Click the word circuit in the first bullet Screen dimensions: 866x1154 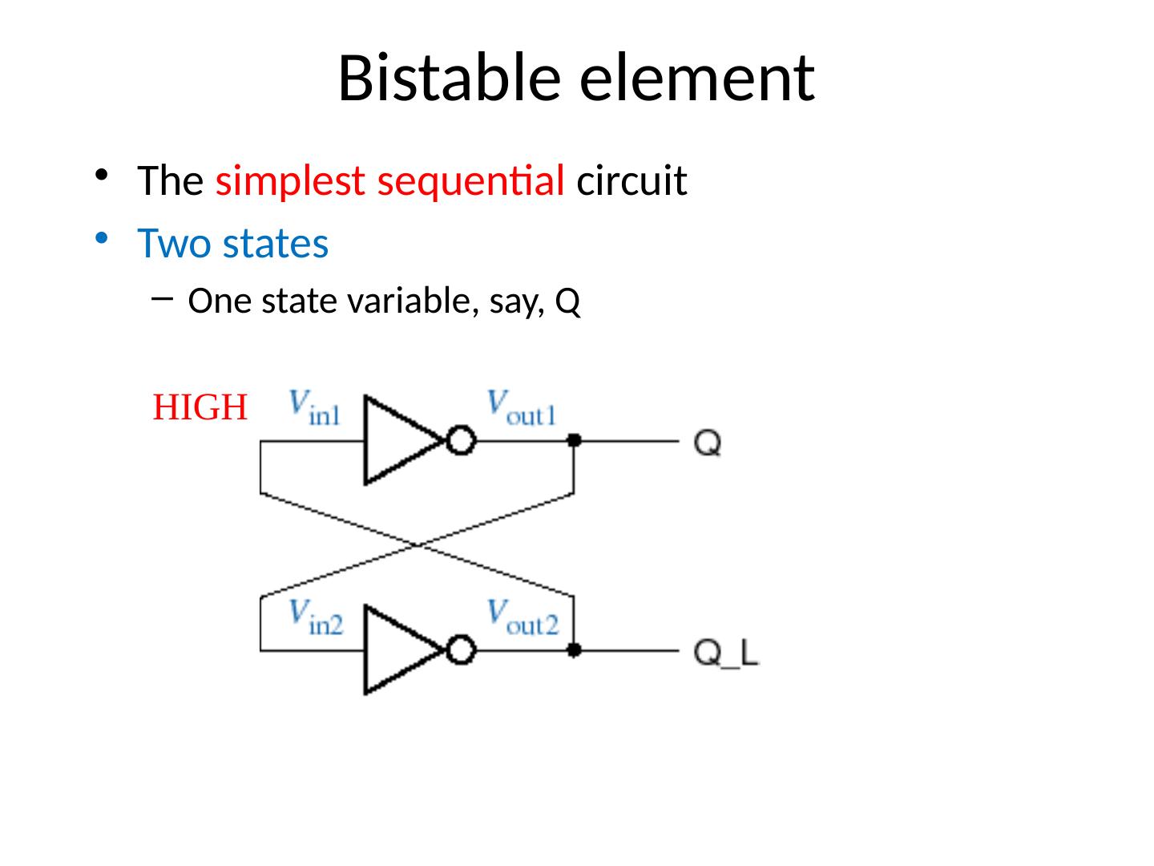coord(631,182)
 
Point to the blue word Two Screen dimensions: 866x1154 coord(172,244)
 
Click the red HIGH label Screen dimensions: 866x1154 coord(200,408)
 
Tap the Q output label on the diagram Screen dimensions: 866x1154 coord(708,443)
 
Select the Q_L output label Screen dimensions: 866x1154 coord(726,654)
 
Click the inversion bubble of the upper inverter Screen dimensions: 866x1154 coord(461,441)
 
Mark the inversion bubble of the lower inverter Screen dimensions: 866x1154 coord(461,650)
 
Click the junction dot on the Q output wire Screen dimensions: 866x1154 coord(574,440)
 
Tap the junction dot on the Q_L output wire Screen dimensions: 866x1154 coord(574,650)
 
